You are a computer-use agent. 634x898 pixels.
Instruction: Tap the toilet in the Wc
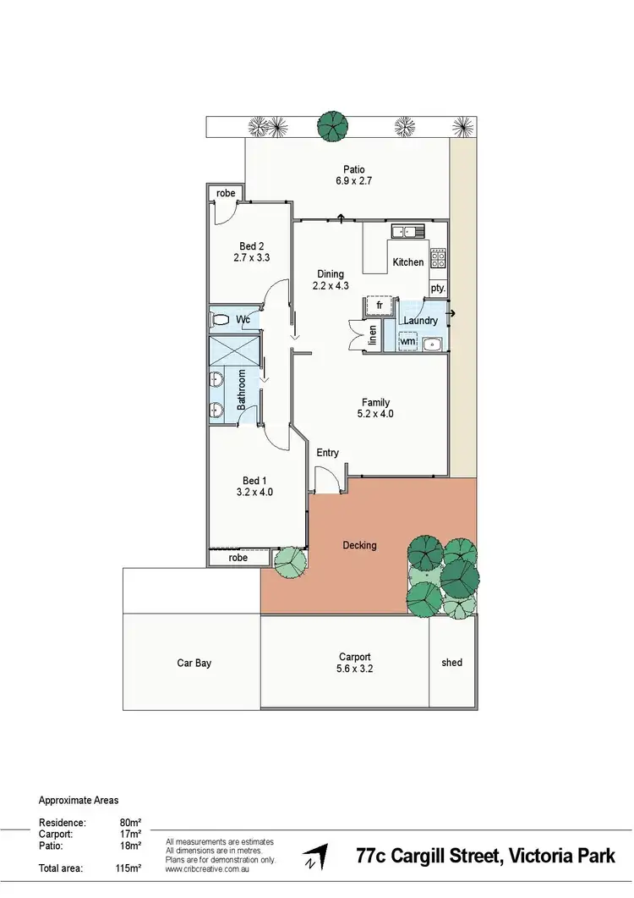pyautogui.click(x=221, y=320)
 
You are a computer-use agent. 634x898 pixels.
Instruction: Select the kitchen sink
pyautogui.click(x=407, y=230)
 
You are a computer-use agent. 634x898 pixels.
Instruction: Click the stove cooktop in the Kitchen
pyautogui.click(x=438, y=258)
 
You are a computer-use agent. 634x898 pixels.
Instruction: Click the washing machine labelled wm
pyautogui.click(x=407, y=341)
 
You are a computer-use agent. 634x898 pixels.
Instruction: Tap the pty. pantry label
pyautogui.click(x=437, y=288)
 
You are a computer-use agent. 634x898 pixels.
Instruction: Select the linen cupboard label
pyautogui.click(x=372, y=336)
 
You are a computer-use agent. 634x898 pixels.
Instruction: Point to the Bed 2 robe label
pyautogui.click(x=226, y=194)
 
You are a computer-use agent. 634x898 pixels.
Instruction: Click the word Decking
pyautogui.click(x=360, y=545)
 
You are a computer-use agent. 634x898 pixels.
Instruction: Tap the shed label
pyautogui.click(x=452, y=663)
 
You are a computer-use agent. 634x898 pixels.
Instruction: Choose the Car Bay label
pyautogui.click(x=194, y=664)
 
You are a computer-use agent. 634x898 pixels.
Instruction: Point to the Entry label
pyautogui.click(x=328, y=453)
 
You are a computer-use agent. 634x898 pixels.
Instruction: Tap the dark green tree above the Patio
pyautogui.click(x=332, y=126)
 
